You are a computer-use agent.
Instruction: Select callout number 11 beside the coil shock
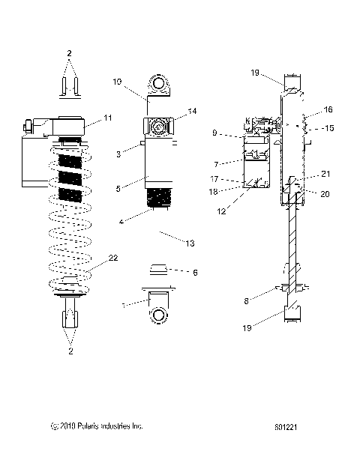[x=108, y=118]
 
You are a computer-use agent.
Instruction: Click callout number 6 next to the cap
[x=195, y=273]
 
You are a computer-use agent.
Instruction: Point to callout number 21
[x=325, y=174]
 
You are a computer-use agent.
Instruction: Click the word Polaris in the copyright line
[x=84, y=427]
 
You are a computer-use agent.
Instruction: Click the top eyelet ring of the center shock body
[x=160, y=82]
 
